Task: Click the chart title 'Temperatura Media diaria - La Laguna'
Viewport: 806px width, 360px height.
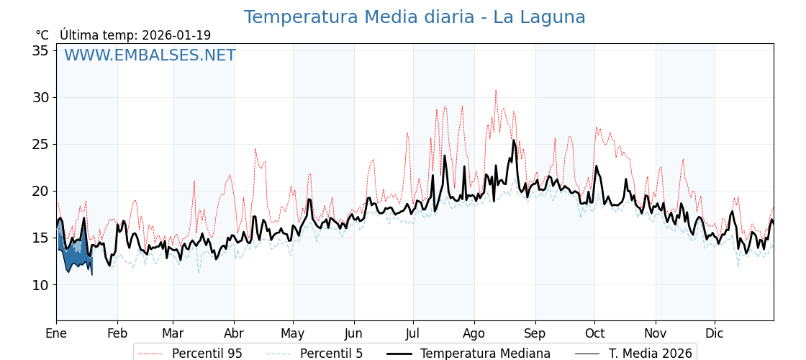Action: (x=415, y=17)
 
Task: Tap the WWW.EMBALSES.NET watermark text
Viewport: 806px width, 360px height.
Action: (x=150, y=55)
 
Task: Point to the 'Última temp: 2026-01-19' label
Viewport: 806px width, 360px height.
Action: (x=135, y=35)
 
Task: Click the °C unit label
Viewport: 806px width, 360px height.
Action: (x=42, y=35)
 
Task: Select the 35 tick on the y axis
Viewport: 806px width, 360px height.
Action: (x=40, y=50)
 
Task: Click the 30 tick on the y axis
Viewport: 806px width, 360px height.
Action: (x=40, y=97)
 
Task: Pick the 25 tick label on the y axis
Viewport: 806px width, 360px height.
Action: (x=40, y=144)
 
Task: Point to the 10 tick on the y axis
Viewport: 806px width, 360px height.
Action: (x=40, y=285)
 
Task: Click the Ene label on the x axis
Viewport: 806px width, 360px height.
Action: (x=56, y=334)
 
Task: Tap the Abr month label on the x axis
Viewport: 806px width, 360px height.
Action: (x=234, y=334)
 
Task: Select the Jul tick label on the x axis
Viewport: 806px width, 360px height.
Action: (x=413, y=334)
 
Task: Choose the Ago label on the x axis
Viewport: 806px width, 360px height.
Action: (x=474, y=334)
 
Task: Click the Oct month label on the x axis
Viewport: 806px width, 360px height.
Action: (x=594, y=334)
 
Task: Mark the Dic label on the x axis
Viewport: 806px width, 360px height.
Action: (x=715, y=334)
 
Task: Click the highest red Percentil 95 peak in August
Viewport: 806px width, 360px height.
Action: (x=496, y=91)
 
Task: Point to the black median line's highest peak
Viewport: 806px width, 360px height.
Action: (x=514, y=140)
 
